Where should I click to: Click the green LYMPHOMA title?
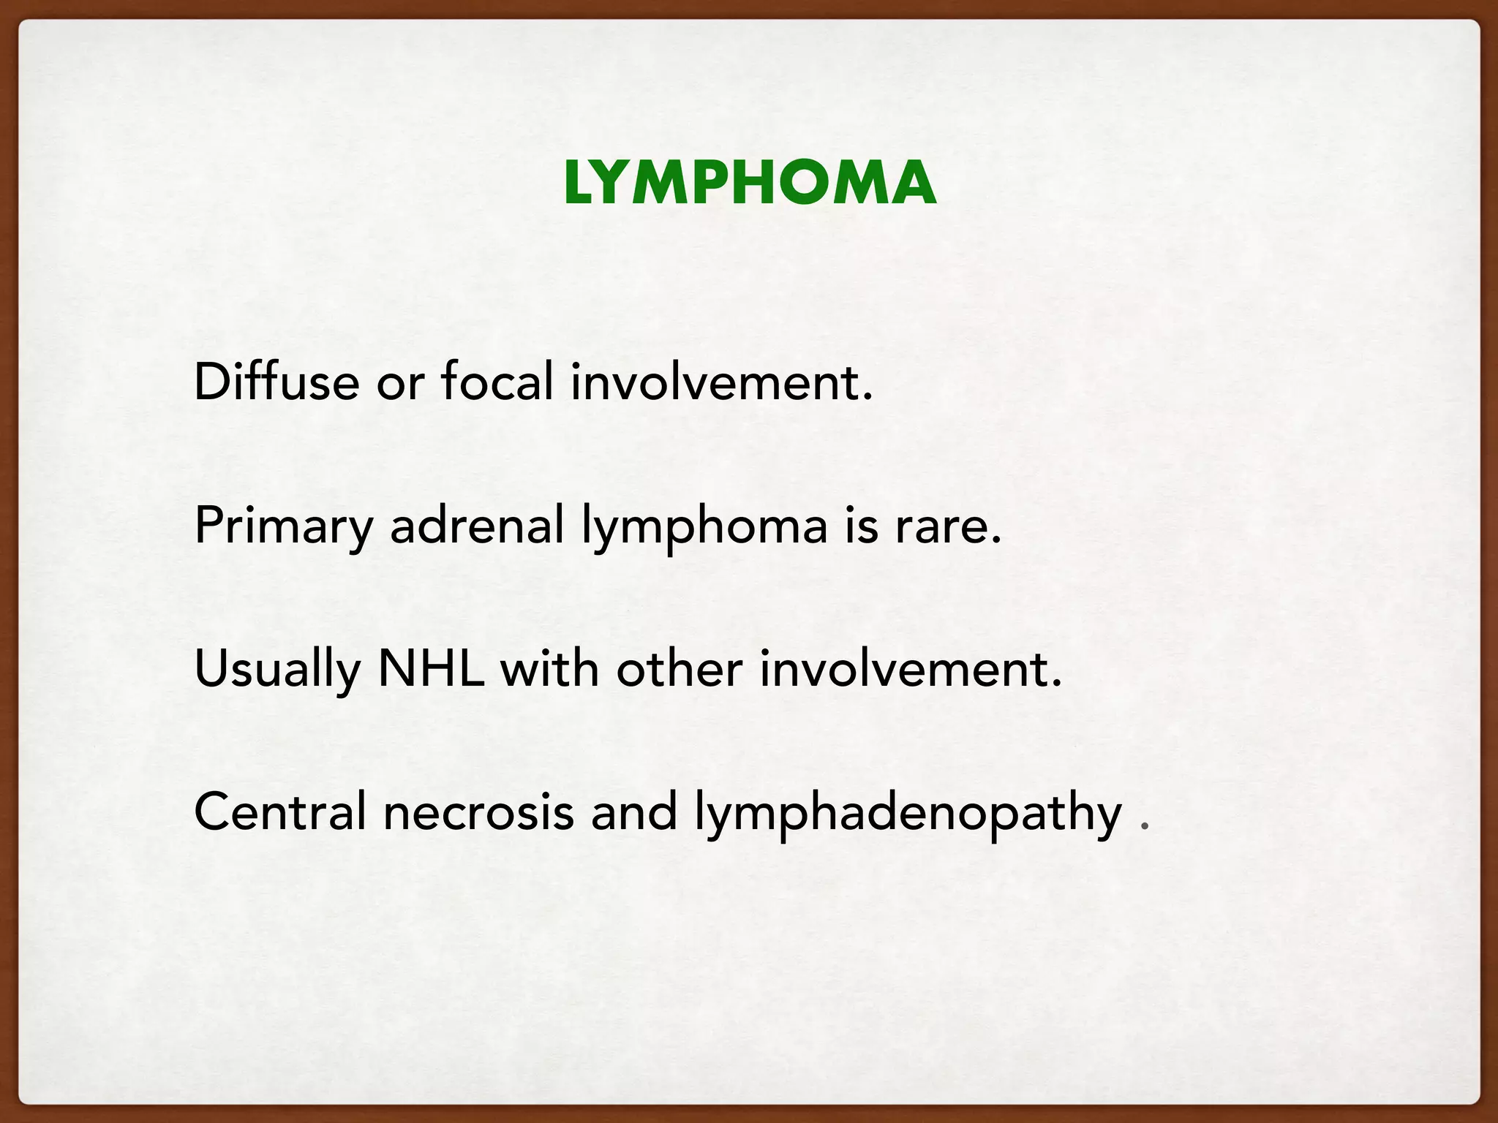(x=749, y=183)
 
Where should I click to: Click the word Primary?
(x=284, y=526)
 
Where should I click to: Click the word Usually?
(x=277, y=670)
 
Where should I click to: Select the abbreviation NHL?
(x=431, y=668)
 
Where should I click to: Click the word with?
(x=549, y=668)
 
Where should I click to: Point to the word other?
(x=680, y=668)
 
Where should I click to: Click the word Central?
(x=279, y=812)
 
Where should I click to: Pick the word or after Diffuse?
(x=400, y=383)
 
